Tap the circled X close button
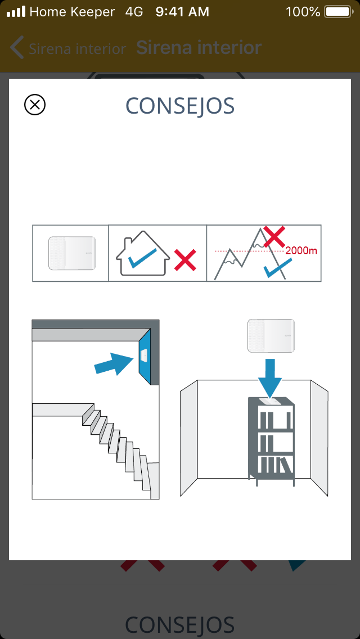[35, 105]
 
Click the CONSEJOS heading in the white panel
[180, 106]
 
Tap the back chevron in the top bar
[16, 48]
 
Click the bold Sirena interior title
[199, 48]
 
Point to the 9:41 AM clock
[182, 12]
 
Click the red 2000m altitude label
[301, 251]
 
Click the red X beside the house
[185, 260]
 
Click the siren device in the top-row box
[72, 253]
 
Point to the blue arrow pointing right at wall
[114, 364]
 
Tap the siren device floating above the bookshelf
[271, 336]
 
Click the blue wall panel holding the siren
[145, 355]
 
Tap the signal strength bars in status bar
[16, 12]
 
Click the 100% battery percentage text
[303, 12]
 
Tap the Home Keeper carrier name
[72, 12]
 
